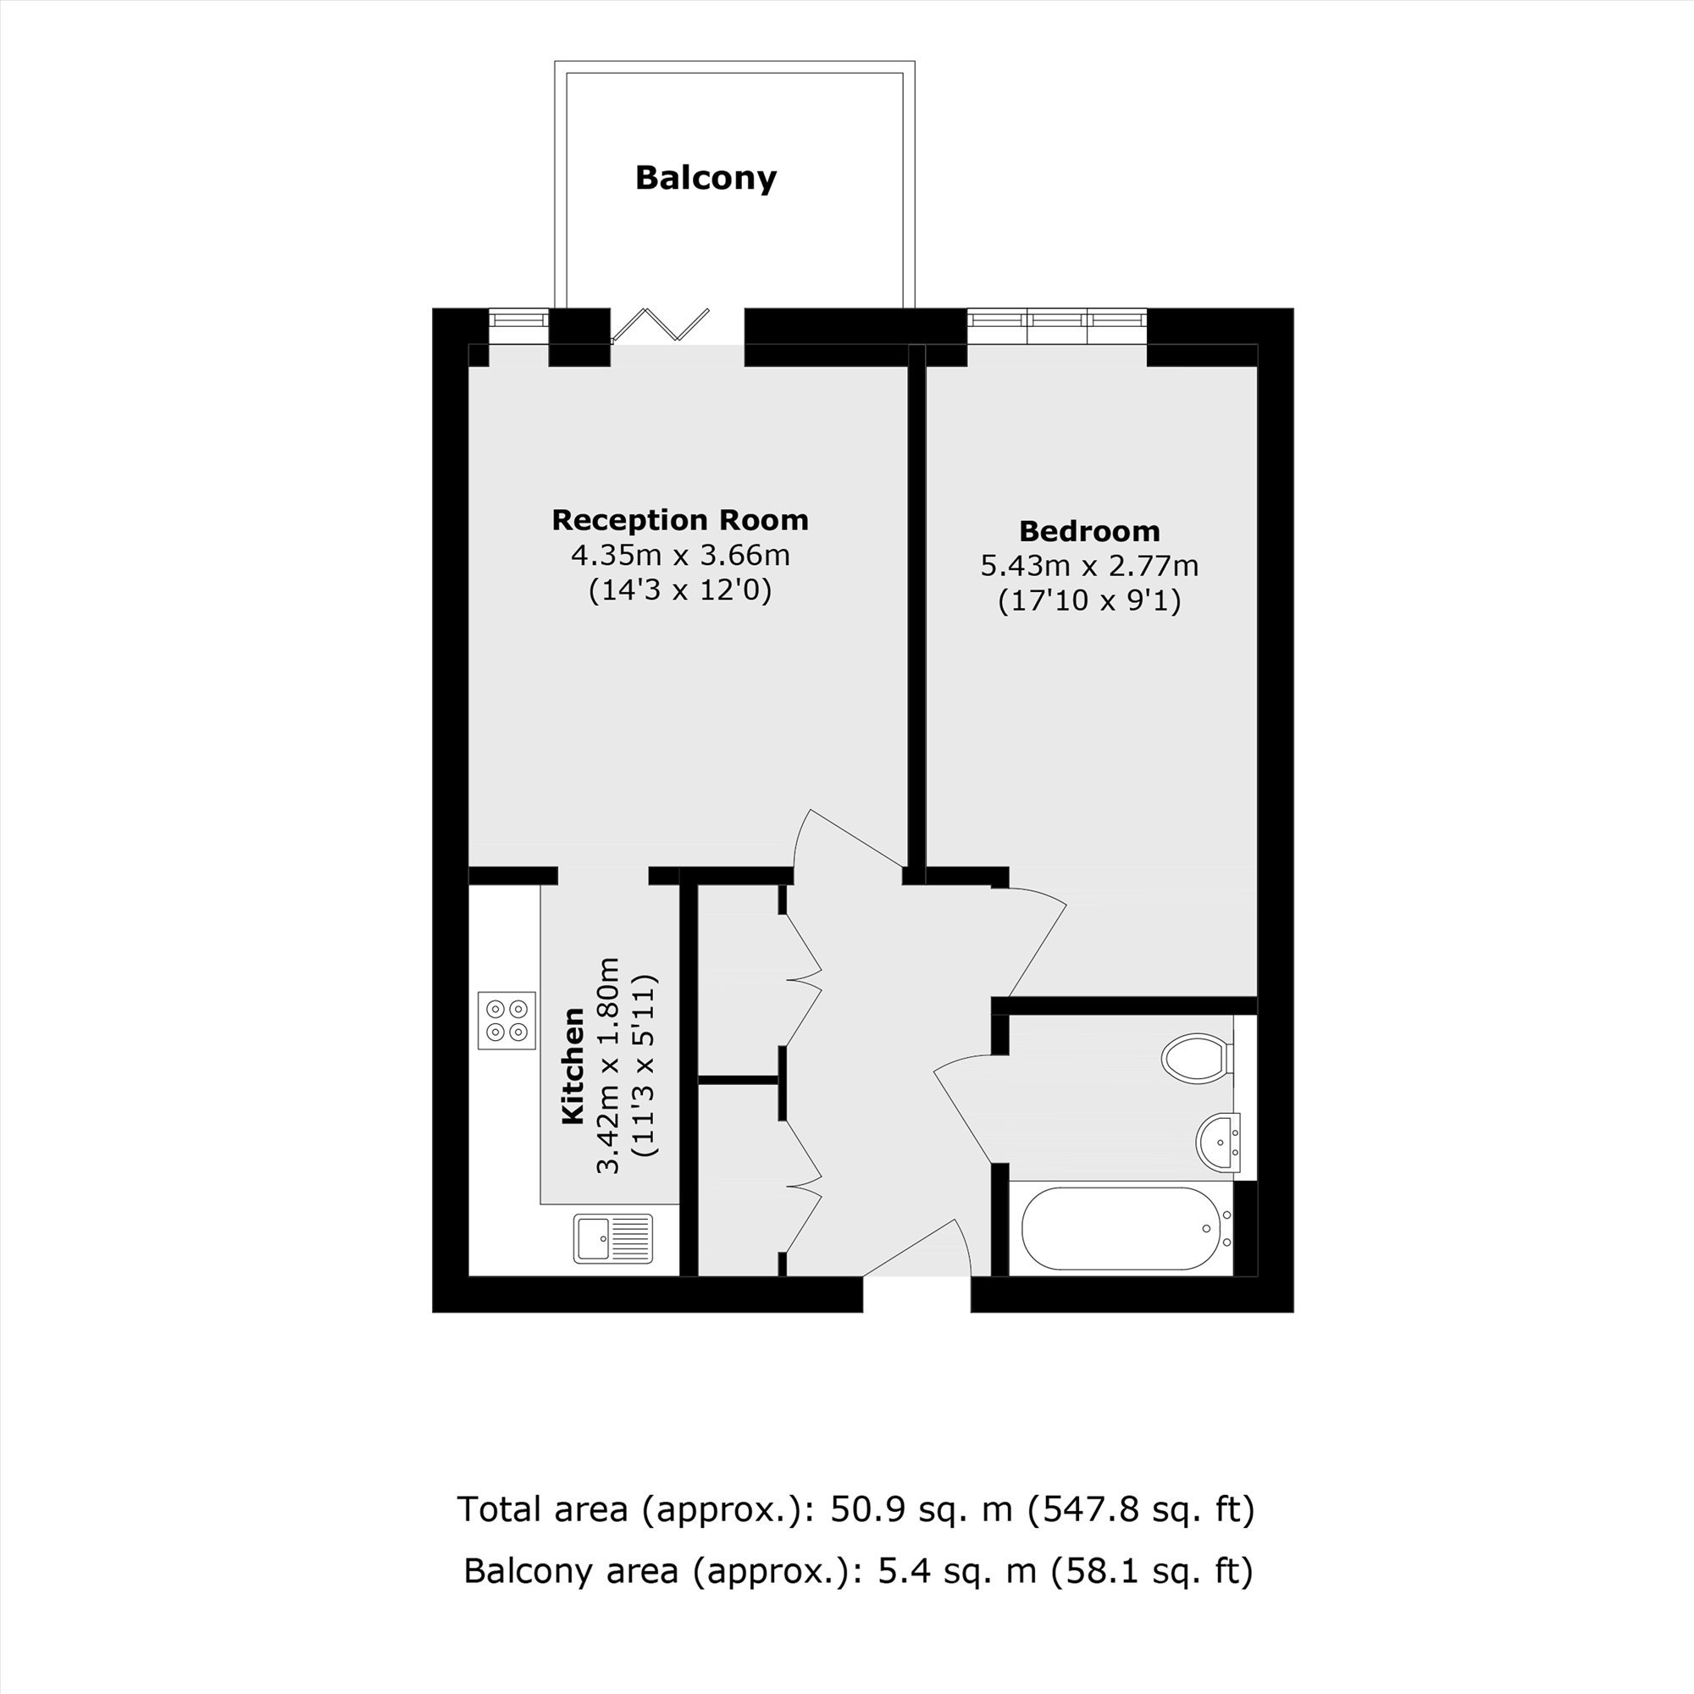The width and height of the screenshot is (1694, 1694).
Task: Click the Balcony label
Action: pos(706,178)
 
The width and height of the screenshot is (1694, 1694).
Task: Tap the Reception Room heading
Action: pos(679,520)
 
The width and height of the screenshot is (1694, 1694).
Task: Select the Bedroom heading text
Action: pos(1089,530)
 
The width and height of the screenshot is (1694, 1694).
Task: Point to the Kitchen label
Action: pos(573,1066)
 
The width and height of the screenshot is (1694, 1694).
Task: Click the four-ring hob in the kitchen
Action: pos(507,1020)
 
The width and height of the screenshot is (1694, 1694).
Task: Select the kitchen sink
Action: pos(614,1238)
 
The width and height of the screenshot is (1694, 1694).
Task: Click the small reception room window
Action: pos(519,325)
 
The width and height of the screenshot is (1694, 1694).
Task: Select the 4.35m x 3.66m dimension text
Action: pos(680,555)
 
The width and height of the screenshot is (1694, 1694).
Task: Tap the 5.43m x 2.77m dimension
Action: pos(1089,566)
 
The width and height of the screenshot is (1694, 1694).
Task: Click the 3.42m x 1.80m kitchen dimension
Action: pos(608,1066)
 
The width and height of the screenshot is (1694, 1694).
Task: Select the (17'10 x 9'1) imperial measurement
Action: pos(1090,601)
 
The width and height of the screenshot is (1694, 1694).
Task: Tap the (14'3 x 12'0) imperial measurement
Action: pos(680,591)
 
